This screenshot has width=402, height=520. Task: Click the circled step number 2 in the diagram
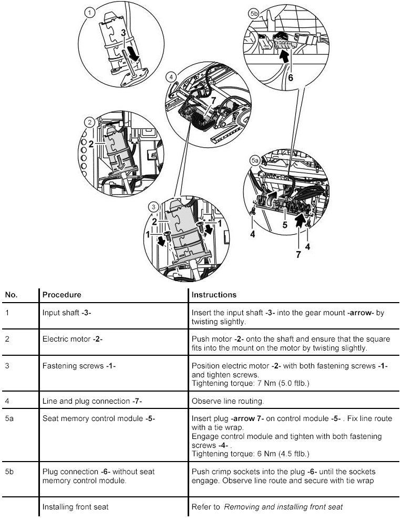point(90,123)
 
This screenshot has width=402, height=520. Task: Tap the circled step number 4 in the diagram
point(171,77)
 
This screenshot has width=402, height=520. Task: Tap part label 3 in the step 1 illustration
point(123,33)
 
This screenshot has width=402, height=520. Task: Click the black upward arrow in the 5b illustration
point(284,57)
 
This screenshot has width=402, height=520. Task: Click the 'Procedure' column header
point(61,295)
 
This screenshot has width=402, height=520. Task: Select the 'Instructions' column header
point(214,295)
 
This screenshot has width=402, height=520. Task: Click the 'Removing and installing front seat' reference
point(283,506)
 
